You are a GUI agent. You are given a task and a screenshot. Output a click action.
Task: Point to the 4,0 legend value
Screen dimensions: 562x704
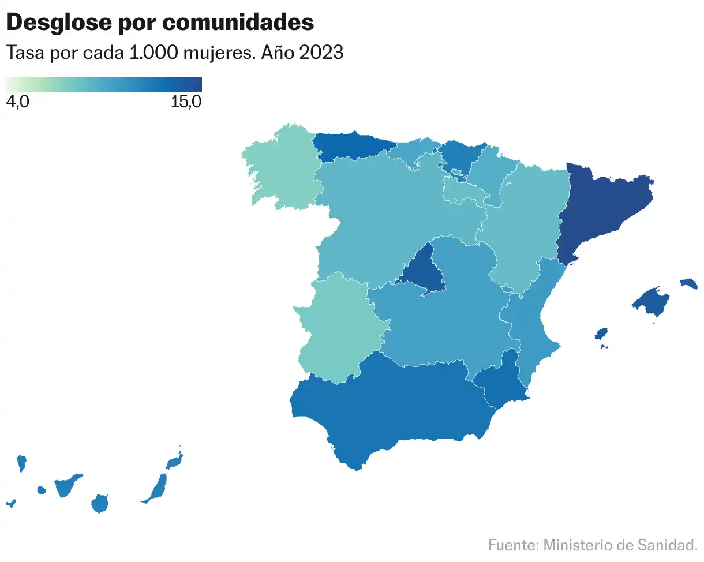(17, 102)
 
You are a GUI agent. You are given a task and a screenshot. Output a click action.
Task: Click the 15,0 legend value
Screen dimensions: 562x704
(186, 102)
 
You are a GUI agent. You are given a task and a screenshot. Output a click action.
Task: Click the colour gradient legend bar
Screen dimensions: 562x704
(103, 84)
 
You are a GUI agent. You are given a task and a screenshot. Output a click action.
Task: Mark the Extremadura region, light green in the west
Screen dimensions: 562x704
(338, 329)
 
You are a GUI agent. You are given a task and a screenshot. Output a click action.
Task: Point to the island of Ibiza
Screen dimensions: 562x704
(601, 335)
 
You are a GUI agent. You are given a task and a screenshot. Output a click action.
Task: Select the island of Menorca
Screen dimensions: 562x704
(689, 283)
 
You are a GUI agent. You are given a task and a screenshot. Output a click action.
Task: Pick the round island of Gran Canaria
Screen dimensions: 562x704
(100, 504)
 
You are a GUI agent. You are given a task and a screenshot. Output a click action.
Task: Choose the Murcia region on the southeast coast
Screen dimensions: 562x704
(502, 384)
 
